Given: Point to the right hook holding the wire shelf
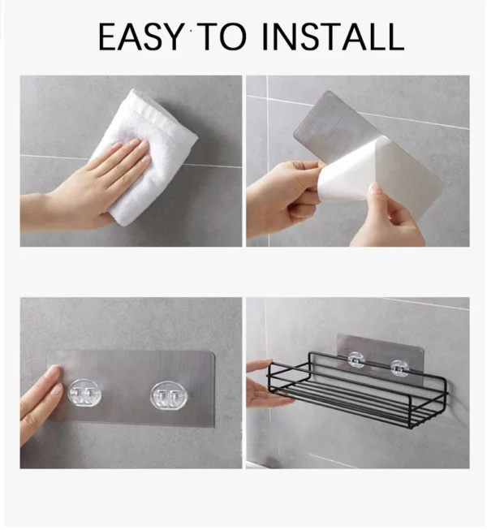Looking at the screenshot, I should point(398,368).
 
